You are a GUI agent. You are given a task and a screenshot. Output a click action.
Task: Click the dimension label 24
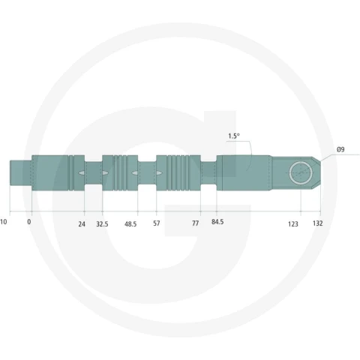(82, 224)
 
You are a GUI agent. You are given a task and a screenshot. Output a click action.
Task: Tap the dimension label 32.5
(102, 224)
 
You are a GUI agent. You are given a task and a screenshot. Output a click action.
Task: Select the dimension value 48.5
(130, 224)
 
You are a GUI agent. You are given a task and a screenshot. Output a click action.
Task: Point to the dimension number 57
(157, 223)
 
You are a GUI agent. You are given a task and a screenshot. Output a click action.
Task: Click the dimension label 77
(196, 223)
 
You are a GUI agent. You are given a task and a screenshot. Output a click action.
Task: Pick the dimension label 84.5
(217, 222)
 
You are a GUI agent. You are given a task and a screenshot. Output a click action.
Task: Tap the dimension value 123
(293, 224)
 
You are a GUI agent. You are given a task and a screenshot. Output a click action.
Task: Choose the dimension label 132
(317, 223)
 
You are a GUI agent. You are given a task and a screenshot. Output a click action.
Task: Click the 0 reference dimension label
(29, 222)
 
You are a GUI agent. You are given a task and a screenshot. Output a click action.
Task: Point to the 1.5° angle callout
(234, 136)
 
